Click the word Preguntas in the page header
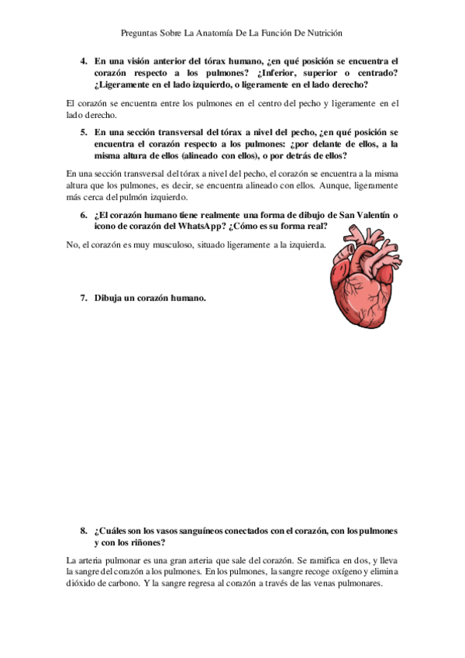[x=140, y=33]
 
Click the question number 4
[x=84, y=61]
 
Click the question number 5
[x=84, y=133]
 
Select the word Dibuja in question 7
[x=110, y=298]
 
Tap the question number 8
[x=84, y=532]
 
